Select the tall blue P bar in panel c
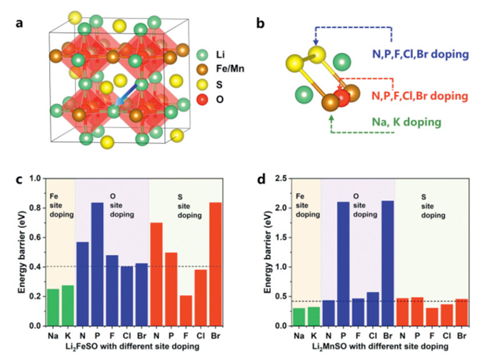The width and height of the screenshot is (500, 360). [98, 264]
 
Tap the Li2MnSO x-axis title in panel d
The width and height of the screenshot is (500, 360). [382, 347]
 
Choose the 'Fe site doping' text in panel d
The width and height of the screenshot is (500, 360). [307, 204]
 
